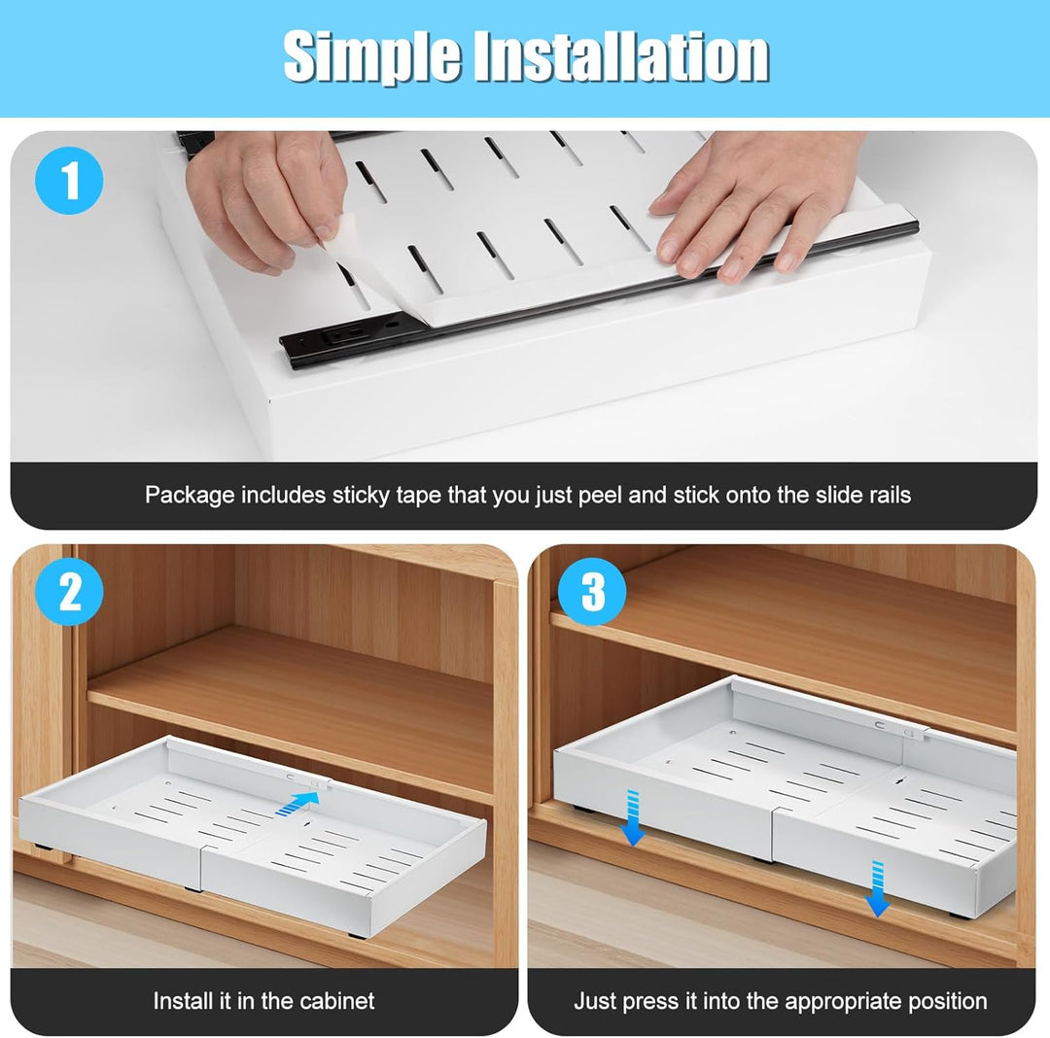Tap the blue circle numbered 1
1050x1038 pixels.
click(70, 182)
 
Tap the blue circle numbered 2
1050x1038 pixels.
click(70, 593)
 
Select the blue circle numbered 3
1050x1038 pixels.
click(592, 593)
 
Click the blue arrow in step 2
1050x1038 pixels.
click(298, 803)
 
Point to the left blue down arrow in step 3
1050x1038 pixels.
click(633, 816)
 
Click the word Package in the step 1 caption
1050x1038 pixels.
click(190, 495)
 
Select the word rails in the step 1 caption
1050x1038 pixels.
click(887, 495)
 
